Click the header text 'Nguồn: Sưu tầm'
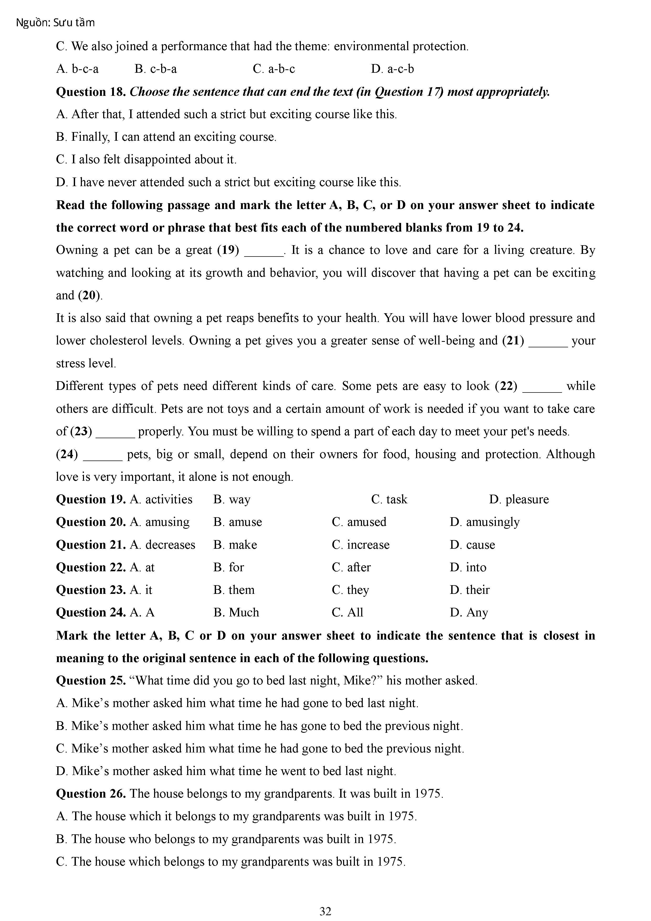[55, 23]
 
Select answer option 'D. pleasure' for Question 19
[519, 499]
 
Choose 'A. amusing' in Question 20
[160, 522]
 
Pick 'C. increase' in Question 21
[361, 545]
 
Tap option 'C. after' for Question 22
[351, 567]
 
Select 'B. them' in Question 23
[234, 590]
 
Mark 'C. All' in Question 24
[347, 613]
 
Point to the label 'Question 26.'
[91, 793]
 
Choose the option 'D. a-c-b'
[392, 69]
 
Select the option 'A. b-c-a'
[77, 69]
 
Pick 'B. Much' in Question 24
[236, 613]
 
